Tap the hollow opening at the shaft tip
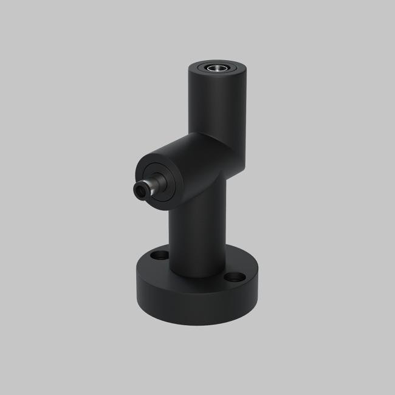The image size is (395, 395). [x=140, y=191]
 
